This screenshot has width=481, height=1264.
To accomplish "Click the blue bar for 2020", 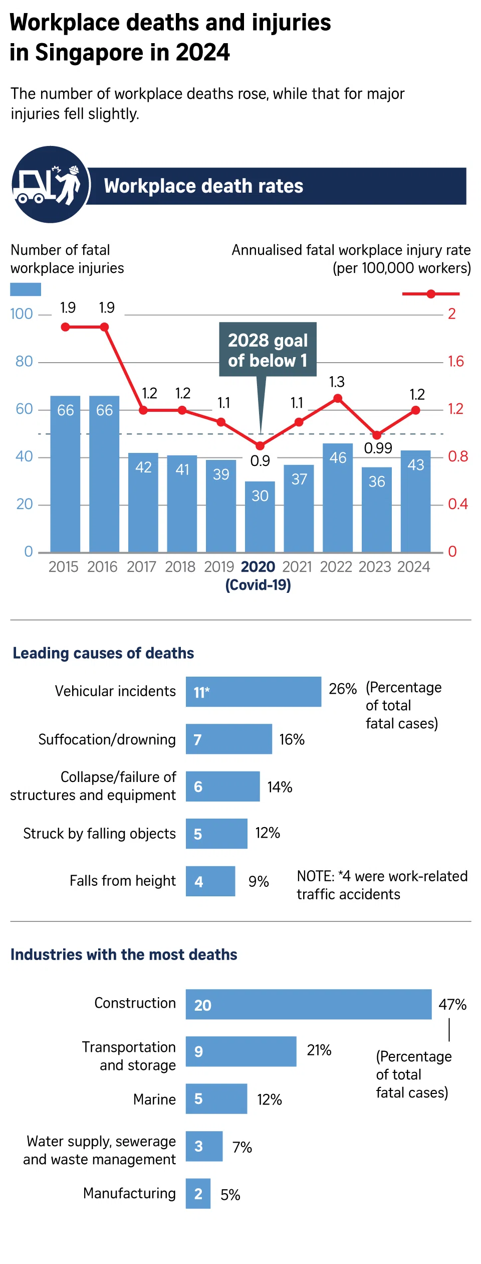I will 260,517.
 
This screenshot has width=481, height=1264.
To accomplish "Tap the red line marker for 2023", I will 377,435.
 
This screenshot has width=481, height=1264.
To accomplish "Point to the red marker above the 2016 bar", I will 104,327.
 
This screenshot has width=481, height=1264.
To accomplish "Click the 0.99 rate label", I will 378,448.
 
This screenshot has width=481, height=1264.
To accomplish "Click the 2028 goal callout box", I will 268,350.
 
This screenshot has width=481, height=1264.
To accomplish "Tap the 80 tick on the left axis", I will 24,361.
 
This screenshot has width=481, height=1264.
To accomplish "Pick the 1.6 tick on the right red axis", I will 455,361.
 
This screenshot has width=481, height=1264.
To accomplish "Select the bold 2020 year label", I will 258,567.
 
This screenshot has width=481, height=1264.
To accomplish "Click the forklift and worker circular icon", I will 51,185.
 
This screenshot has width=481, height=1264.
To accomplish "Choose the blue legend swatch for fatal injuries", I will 26,289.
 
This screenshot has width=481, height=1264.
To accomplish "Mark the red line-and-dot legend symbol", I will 430,294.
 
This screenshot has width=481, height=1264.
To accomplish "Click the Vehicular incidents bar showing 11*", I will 253,692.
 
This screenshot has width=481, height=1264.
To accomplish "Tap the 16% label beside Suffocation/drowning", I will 292,739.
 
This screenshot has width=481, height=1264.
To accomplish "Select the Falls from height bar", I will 210,881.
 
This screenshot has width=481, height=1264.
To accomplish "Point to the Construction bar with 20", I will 308,1004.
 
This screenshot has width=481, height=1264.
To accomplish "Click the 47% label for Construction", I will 452,1004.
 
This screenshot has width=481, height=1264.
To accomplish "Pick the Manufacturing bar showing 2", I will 198,1194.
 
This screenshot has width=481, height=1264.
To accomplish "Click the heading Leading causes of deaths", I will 103,653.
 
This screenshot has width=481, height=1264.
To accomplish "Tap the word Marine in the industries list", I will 154,1099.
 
